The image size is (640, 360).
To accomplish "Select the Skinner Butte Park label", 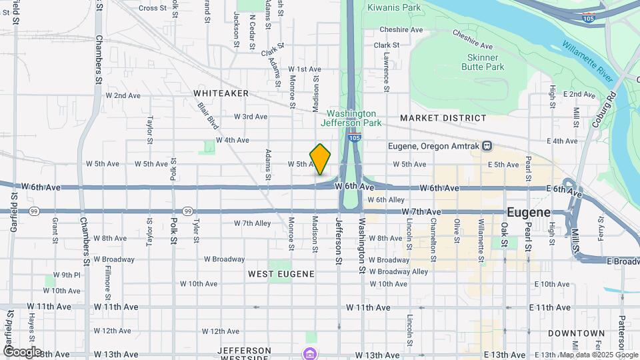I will (x=483, y=62).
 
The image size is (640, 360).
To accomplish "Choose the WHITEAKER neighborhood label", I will (x=221, y=93).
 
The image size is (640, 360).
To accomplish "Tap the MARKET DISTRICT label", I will (x=443, y=118).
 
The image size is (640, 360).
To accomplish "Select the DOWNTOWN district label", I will (x=576, y=333).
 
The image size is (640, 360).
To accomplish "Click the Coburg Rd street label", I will (x=601, y=106).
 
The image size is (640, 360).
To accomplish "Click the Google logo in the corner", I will (x=22, y=351).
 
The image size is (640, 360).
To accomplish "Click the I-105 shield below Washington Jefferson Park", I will (x=354, y=137).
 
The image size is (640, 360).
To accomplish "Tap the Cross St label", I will (x=152, y=8).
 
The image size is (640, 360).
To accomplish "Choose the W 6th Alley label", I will (x=386, y=199).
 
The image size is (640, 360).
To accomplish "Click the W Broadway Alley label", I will (x=399, y=271).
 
